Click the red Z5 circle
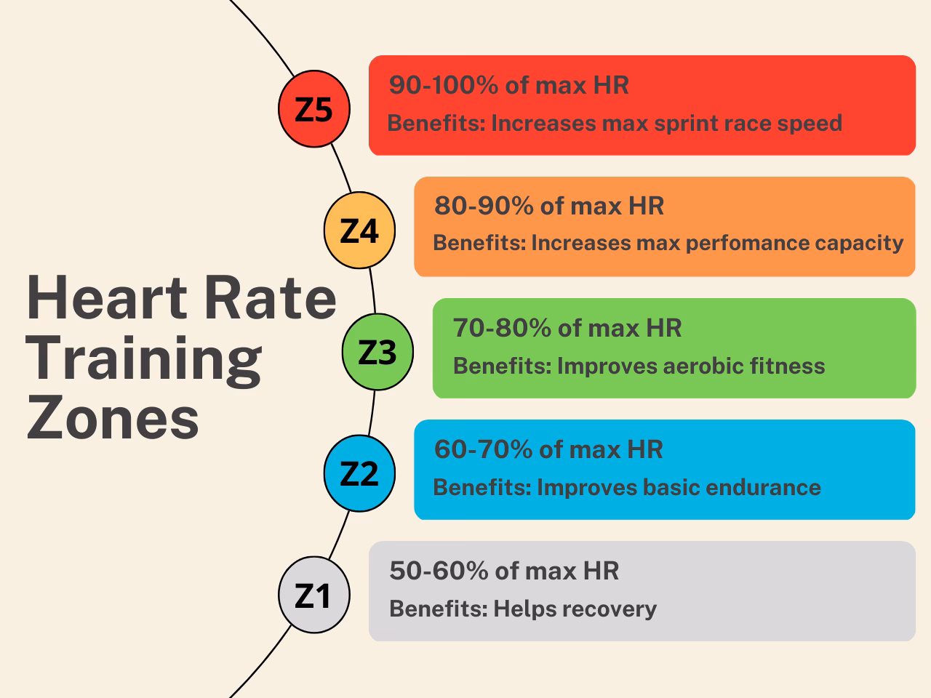pyautogui.click(x=314, y=109)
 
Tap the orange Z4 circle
pyautogui.click(x=359, y=230)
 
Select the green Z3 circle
pyautogui.click(x=377, y=352)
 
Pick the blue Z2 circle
pyautogui.click(x=359, y=473)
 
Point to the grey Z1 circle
pyautogui.click(x=314, y=595)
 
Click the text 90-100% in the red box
pyautogui.click(x=444, y=85)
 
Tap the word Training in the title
pyautogui.click(x=144, y=359)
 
